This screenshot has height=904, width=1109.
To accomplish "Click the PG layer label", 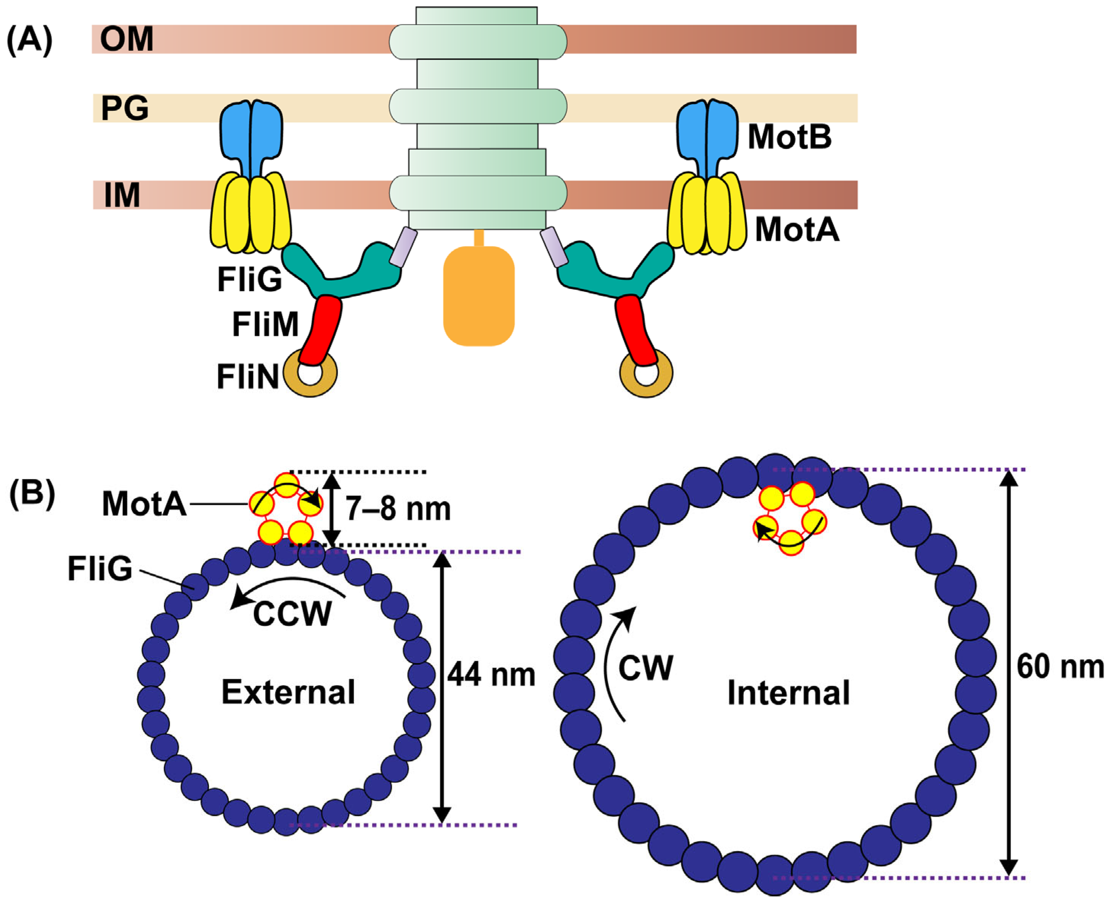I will [x=125, y=108].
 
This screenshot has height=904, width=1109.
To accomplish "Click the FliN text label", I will [x=248, y=377].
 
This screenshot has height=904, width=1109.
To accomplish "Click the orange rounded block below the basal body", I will [x=478, y=296].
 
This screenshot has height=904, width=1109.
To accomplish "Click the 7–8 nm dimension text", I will [x=398, y=509].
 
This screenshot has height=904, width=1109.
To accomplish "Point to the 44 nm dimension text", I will [x=491, y=675].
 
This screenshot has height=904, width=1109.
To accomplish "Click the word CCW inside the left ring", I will [x=292, y=614].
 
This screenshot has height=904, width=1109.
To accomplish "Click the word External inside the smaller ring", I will [x=288, y=692].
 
